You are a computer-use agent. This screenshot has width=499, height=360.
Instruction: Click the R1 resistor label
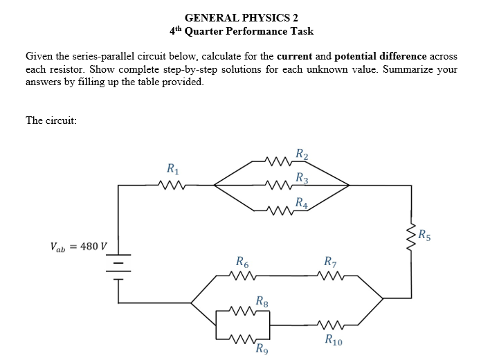pos(170,168)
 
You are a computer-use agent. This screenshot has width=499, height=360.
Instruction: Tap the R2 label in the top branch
pos(301,154)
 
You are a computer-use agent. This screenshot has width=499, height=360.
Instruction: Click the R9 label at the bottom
pos(262,348)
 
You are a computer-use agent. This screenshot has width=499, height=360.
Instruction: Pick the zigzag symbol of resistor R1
pos(170,185)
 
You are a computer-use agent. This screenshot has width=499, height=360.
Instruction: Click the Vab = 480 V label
pos(79,246)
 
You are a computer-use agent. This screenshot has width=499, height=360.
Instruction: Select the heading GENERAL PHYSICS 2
pos(242,17)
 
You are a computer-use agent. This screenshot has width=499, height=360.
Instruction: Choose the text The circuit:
pos(51,120)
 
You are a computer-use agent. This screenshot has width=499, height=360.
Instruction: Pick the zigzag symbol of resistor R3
pos(280,185)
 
